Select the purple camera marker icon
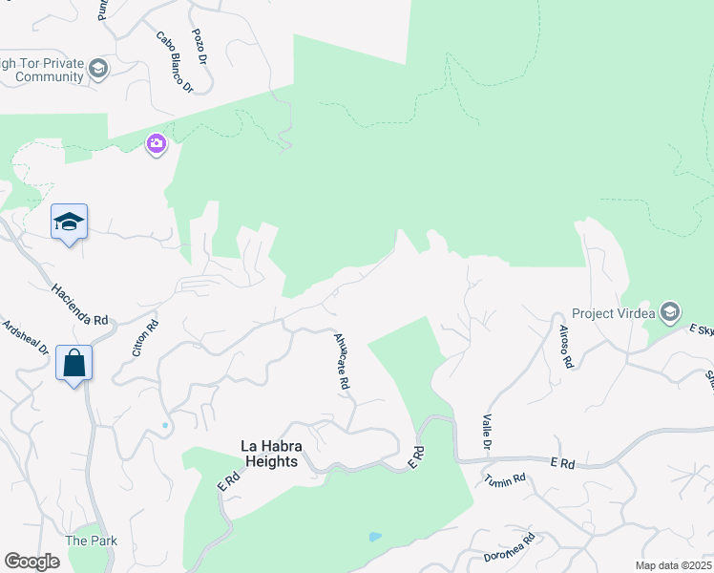point(156,144)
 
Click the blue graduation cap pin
point(69,223)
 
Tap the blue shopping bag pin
point(73,364)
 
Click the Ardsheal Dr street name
point(26,337)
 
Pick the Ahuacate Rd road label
point(342,360)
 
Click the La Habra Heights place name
point(268,454)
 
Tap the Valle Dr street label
point(486,432)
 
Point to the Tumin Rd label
point(505,479)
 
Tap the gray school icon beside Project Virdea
point(670,312)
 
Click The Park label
point(91,541)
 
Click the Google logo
point(31,562)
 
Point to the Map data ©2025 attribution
point(673,565)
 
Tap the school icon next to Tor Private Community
point(97,69)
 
